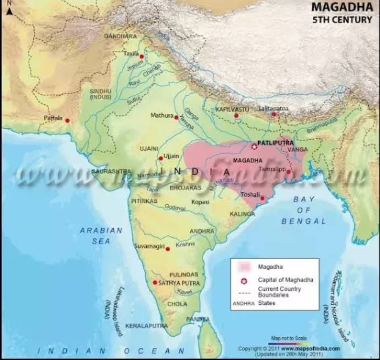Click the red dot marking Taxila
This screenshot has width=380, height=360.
[141, 56]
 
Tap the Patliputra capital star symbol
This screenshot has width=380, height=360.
[254, 147]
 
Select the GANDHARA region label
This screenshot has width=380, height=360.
[120, 36]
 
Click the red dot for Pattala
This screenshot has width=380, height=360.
[67, 120]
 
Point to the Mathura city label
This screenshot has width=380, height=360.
[161, 115]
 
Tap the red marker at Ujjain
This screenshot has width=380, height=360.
[161, 158]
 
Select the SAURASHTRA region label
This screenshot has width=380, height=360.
[111, 171]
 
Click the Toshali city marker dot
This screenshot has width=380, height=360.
[262, 199]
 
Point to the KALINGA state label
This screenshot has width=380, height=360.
[243, 214]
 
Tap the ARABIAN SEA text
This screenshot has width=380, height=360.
[101, 235]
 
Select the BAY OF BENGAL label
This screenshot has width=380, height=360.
[304, 210]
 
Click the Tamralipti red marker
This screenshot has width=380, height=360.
[288, 172]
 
